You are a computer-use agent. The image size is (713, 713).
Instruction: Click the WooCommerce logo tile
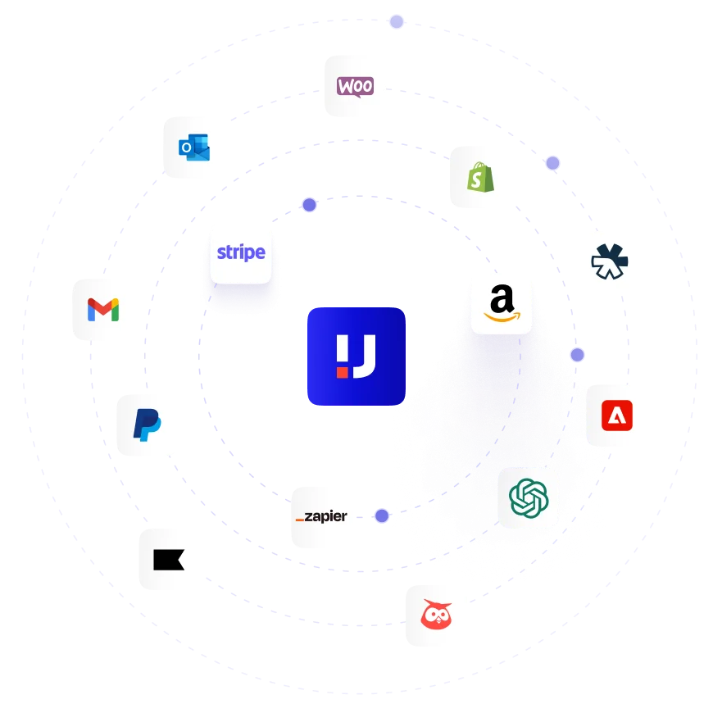click(x=355, y=86)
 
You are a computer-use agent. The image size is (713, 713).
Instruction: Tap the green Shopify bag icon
click(x=478, y=177)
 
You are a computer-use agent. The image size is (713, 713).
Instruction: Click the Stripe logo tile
click(x=241, y=252)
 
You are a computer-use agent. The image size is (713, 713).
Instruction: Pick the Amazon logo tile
click(x=502, y=302)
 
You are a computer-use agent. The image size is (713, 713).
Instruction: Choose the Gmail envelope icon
click(x=103, y=309)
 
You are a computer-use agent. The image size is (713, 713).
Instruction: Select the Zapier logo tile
click(x=321, y=517)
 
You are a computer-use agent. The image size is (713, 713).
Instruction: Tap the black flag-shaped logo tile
click(x=170, y=558)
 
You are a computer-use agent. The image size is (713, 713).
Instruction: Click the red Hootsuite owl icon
click(x=436, y=615)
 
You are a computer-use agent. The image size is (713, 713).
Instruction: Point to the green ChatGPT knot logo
click(x=529, y=497)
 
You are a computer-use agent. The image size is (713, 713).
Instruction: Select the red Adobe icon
click(x=617, y=414)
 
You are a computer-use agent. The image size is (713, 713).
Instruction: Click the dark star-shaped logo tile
click(x=610, y=262)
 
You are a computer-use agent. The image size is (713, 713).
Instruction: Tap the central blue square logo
click(x=356, y=356)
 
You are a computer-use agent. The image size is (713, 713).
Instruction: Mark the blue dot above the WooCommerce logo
click(x=397, y=22)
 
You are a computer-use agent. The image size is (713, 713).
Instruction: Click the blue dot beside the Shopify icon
click(x=553, y=163)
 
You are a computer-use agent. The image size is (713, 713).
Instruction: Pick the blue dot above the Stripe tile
click(x=309, y=205)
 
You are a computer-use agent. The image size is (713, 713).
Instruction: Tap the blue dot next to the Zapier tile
click(x=382, y=515)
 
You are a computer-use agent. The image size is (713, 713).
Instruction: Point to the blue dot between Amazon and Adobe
click(x=578, y=355)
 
